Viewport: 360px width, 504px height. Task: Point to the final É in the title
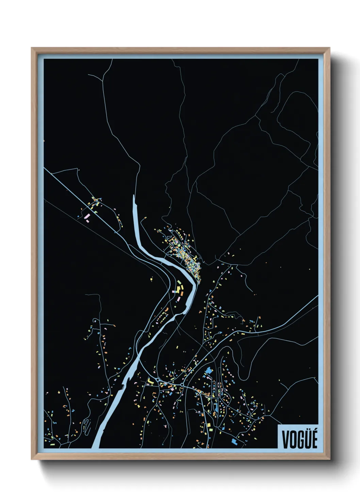coord(314,439)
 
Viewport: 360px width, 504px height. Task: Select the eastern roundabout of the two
coord(182,384)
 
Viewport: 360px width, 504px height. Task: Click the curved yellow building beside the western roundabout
coord(150,381)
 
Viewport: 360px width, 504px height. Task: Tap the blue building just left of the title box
coord(234,441)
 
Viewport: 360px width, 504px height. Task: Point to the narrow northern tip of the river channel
coord(134,198)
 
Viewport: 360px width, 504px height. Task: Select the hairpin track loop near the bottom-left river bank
coord(87,424)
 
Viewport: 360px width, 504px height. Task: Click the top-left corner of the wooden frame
coord(32,48)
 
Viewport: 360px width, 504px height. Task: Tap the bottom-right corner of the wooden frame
coord(329,459)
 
